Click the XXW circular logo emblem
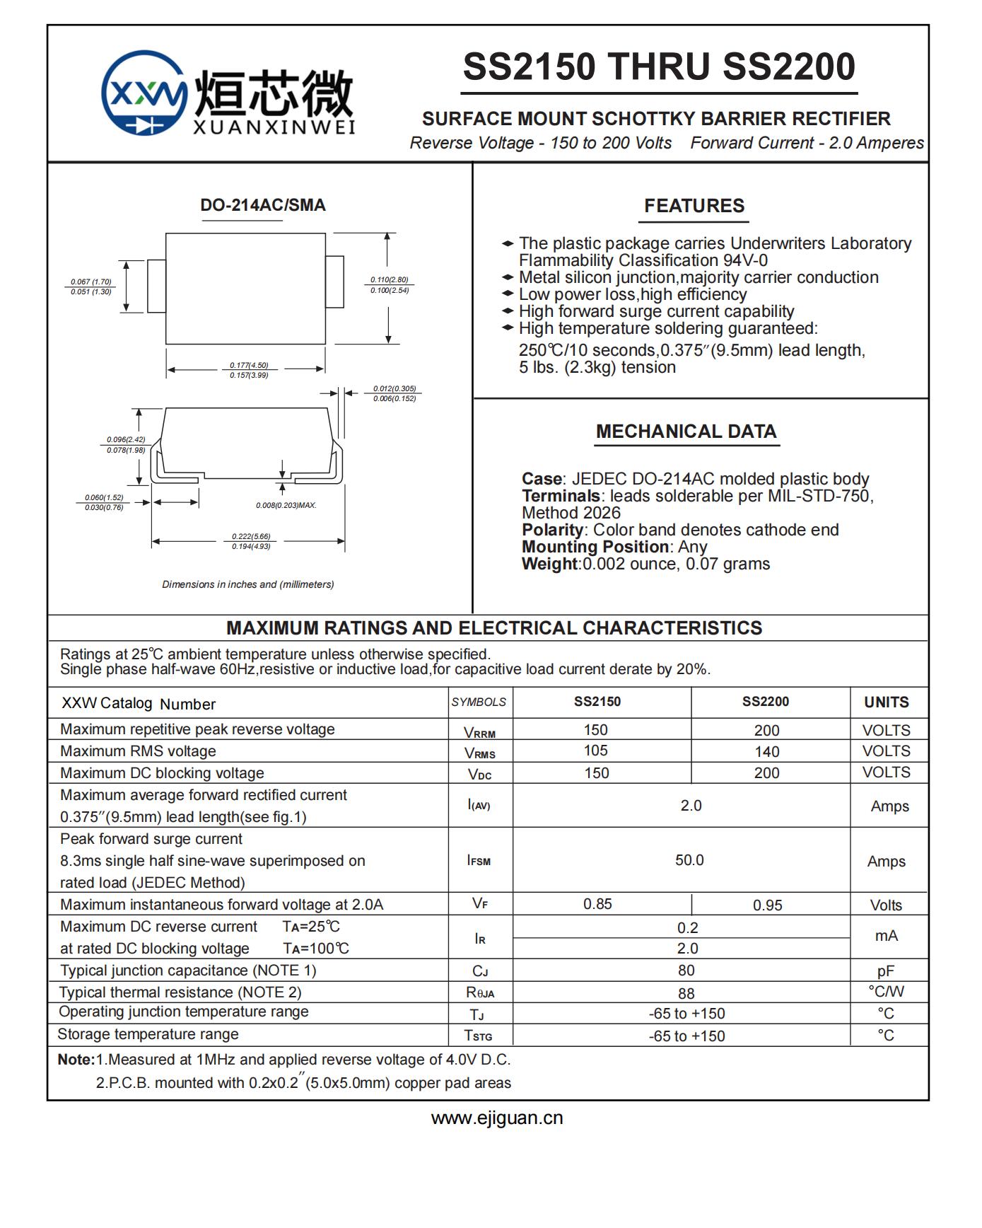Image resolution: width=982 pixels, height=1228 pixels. pyautogui.click(x=144, y=93)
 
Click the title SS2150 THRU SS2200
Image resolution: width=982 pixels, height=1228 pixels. pyautogui.click(x=659, y=66)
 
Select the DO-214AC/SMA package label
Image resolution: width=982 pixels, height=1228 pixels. pyautogui.click(x=263, y=205)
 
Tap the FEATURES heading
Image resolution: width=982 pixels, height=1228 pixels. pyautogui.click(x=694, y=206)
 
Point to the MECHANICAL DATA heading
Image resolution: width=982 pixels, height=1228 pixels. pyautogui.click(x=686, y=431)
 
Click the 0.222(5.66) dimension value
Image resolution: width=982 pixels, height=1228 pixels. pyautogui.click(x=251, y=536)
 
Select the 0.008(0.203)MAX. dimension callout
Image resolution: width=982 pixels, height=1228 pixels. pyautogui.click(x=286, y=505)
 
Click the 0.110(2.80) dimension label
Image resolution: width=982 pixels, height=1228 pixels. pyautogui.click(x=390, y=280)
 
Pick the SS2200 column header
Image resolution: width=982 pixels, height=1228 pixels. pyautogui.click(x=765, y=702)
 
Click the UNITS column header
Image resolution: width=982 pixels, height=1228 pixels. pyautogui.click(x=887, y=702)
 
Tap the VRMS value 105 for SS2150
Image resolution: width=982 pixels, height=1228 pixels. pyautogui.click(x=596, y=751)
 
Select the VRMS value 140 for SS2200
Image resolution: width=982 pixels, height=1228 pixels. pyautogui.click(x=766, y=751)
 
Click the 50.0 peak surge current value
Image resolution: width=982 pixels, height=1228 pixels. pyautogui.click(x=689, y=860)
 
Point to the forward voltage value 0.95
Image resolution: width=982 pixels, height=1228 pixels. pyautogui.click(x=767, y=905)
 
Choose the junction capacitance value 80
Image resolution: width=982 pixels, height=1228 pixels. pyautogui.click(x=686, y=971)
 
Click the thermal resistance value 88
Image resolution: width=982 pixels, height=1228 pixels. pyautogui.click(x=686, y=993)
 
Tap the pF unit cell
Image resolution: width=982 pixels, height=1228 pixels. pyautogui.click(x=885, y=971)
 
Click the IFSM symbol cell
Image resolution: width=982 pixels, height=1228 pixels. pyautogui.click(x=479, y=861)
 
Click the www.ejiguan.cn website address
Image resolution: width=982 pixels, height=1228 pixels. pyautogui.click(x=497, y=1118)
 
